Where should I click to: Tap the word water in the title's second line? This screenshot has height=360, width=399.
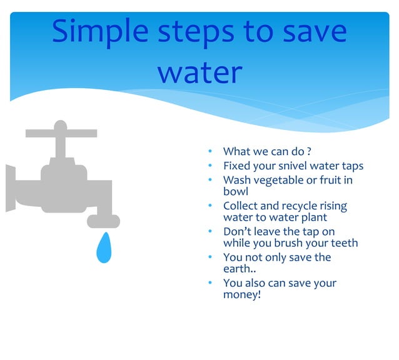tap(199, 72)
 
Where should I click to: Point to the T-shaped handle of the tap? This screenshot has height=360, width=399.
tap(61, 132)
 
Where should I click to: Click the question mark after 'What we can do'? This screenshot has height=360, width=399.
tap(309, 151)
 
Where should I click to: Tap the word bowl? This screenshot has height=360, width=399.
tap(236, 192)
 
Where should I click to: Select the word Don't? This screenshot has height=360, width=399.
tap(237, 232)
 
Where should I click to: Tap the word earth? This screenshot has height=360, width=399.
tap(238, 269)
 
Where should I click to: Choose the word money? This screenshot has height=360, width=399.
tap(242, 294)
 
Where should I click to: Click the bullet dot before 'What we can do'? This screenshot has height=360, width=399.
tap(211, 151)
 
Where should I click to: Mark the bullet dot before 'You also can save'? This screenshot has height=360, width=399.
tap(211, 283)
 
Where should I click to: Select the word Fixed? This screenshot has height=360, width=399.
tap(238, 166)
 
